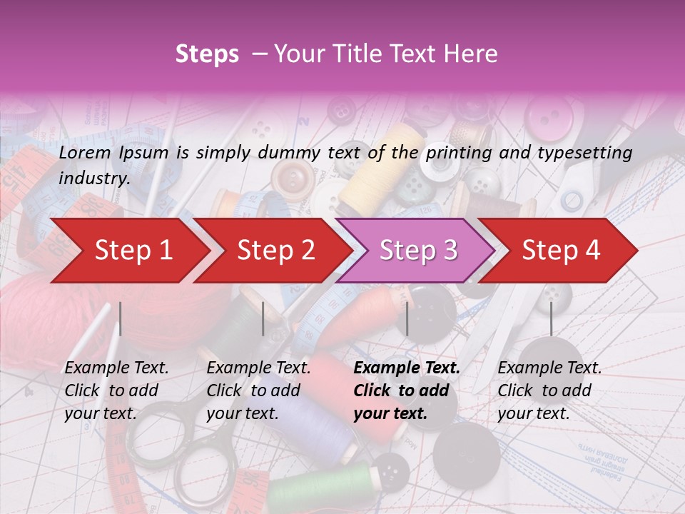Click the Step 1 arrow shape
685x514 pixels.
click(128, 250)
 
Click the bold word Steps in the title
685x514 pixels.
click(207, 54)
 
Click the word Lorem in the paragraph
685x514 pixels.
click(84, 152)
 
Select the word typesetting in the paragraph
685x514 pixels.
click(585, 152)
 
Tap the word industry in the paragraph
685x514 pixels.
click(93, 178)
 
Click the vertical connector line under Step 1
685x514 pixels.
click(120, 318)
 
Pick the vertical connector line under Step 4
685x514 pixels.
click(551, 318)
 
